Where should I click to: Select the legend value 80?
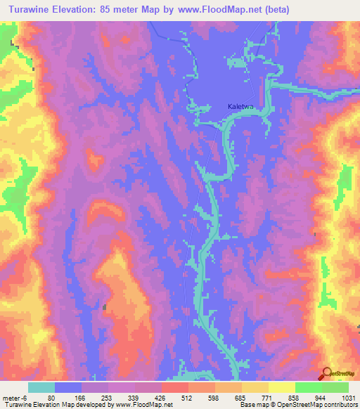[x=51, y=397]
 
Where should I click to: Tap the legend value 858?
[x=294, y=397]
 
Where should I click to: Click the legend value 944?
[x=321, y=397]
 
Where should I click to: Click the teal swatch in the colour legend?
[x=41, y=387]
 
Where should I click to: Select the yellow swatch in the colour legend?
[x=281, y=387]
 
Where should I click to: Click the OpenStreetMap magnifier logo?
[x=327, y=374]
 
